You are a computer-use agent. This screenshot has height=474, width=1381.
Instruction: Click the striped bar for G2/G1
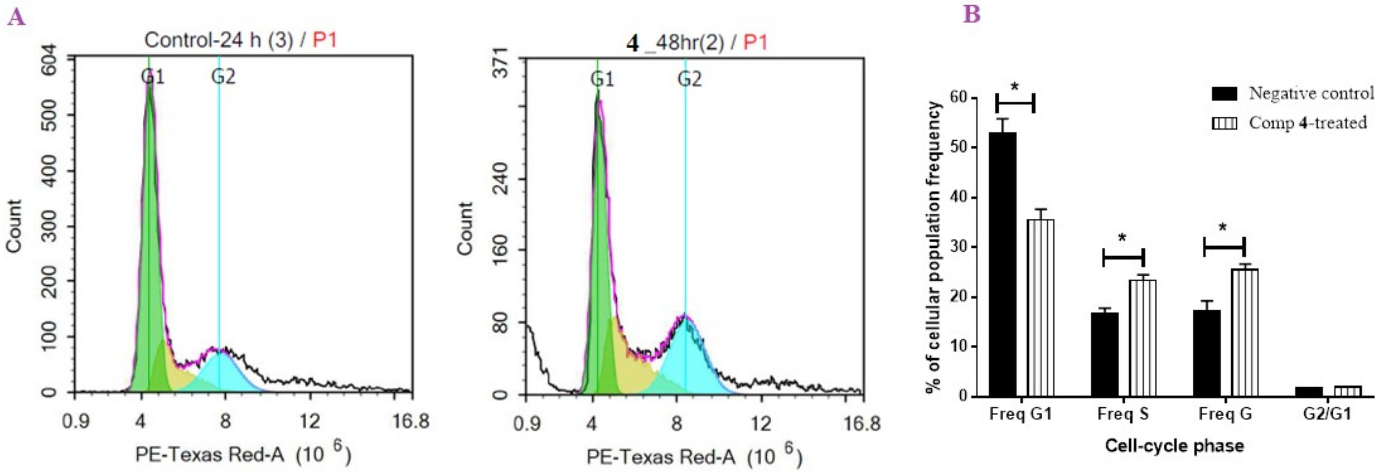(1347, 391)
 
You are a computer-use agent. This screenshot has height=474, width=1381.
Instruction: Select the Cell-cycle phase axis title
(1174, 446)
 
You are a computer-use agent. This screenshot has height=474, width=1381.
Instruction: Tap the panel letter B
(971, 15)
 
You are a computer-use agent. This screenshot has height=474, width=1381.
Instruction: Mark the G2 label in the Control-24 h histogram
(223, 77)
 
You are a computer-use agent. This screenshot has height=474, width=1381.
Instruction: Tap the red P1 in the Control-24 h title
(325, 40)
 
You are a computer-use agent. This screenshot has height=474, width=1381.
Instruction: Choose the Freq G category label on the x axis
(1225, 414)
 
